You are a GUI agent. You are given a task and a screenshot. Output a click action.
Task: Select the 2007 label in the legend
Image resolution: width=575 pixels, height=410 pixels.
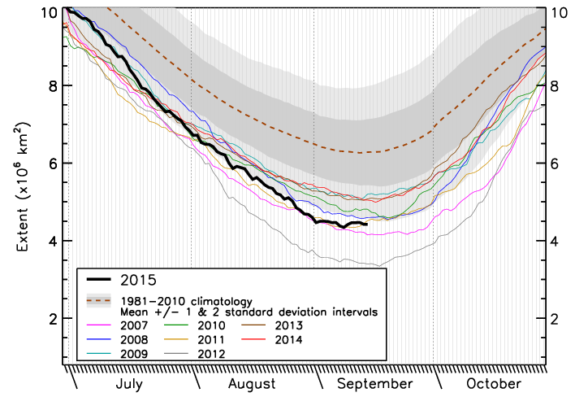(x=143, y=325)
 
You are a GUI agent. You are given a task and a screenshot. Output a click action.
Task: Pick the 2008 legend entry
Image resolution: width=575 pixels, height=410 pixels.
(x=143, y=338)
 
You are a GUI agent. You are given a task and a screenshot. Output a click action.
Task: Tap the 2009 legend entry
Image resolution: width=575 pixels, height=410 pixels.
(x=143, y=352)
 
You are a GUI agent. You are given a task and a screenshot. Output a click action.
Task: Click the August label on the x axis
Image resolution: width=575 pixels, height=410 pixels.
(x=252, y=384)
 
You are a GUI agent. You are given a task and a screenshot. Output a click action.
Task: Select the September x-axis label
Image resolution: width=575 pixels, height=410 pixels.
(x=374, y=384)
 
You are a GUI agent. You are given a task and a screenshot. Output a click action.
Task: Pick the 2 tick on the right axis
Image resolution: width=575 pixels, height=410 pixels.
(x=558, y=318)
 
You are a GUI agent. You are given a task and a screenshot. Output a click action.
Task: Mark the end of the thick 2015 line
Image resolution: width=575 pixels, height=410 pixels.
(x=367, y=225)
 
